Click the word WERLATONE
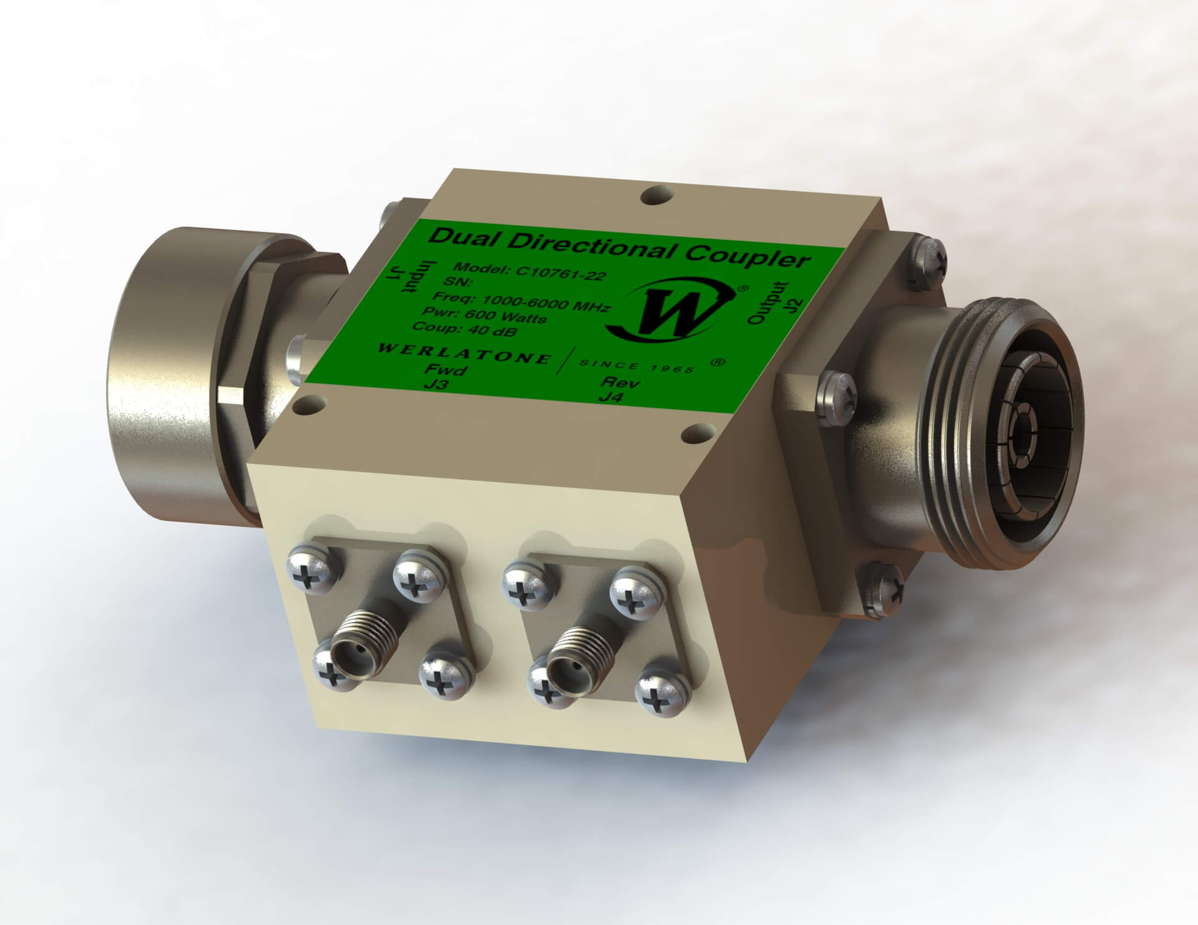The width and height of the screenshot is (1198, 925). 465,353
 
